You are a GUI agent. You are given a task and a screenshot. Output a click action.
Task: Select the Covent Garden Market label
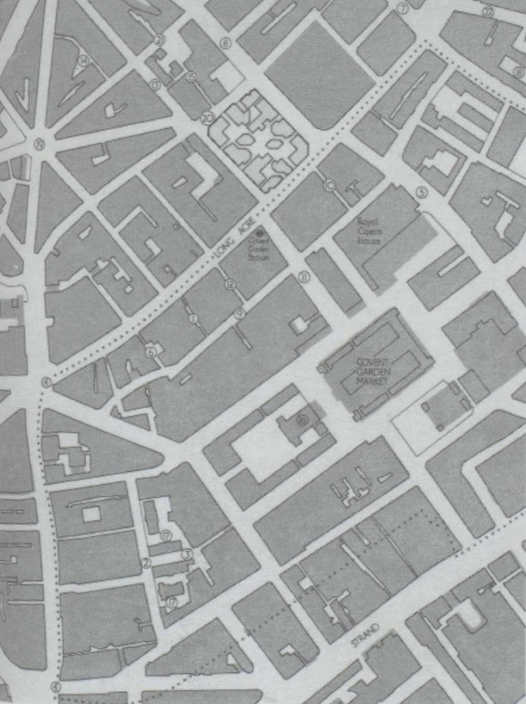point(375,373)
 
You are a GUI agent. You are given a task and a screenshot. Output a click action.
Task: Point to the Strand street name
point(364,638)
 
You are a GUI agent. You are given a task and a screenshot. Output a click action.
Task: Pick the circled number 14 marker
point(84,60)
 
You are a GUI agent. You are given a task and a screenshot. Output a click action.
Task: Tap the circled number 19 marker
point(40,144)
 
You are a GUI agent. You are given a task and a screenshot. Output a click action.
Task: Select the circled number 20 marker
point(207,117)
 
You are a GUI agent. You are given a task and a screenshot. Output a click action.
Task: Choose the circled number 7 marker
point(402,9)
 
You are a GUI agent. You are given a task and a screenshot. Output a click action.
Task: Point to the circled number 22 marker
point(488,12)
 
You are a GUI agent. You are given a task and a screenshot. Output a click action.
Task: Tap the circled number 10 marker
point(330,184)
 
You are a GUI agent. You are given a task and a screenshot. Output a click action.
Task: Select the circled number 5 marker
point(422,192)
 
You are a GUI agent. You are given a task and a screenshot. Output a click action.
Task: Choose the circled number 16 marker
point(301,421)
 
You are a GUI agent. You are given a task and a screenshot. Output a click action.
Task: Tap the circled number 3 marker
point(186,553)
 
